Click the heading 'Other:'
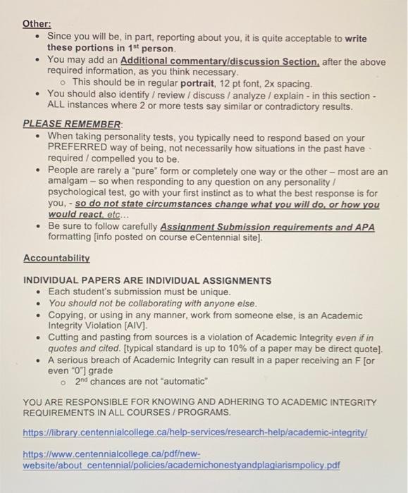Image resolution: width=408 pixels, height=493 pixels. (37, 23)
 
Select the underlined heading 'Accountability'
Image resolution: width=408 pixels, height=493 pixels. (56, 258)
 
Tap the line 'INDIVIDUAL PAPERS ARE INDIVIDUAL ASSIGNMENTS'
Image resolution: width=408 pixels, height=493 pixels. (147, 280)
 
